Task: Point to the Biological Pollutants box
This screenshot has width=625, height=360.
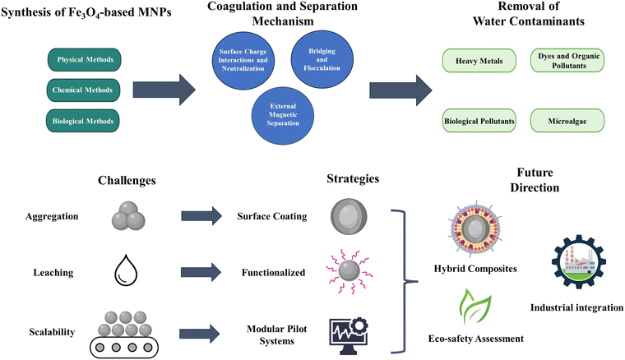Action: point(479,121)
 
